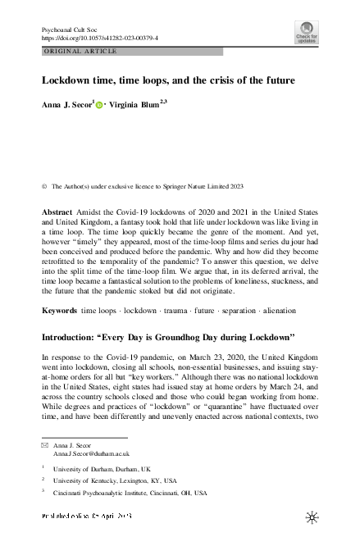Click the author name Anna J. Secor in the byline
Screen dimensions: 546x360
(68, 106)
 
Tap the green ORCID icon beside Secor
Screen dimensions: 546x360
(101, 107)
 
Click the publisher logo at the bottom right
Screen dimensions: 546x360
(310, 518)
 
